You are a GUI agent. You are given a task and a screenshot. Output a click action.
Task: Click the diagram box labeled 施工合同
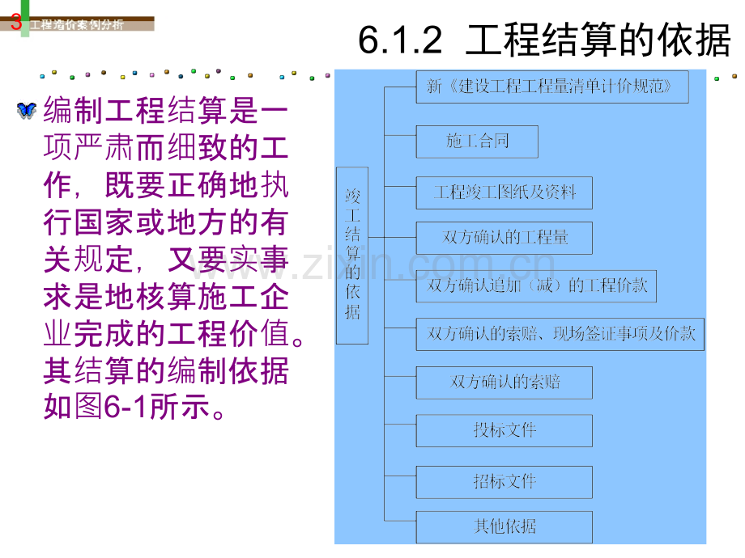coord(477,142)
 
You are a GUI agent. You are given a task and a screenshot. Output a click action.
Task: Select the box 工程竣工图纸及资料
coord(504,192)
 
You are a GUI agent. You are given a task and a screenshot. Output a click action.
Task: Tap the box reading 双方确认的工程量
coord(504,238)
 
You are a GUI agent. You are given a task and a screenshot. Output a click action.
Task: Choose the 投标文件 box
coord(504,431)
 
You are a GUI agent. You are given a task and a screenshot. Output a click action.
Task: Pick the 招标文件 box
coord(504,482)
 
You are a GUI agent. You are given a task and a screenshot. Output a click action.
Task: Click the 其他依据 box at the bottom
coord(504,527)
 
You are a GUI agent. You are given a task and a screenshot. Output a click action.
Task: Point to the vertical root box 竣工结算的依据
coord(352,256)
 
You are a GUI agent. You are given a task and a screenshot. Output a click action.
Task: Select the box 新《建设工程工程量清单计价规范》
coord(552,87)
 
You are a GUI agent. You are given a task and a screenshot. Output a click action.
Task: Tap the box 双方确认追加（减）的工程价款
coord(536,286)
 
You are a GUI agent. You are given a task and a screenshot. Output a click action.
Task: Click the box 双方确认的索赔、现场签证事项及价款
coord(560,335)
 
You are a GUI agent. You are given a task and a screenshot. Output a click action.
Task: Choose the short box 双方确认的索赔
coord(504,383)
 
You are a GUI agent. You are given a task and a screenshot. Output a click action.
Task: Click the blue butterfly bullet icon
coord(26,110)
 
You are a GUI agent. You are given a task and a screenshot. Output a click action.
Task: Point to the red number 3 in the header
coord(16,22)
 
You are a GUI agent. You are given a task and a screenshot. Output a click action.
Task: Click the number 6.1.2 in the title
coord(400,40)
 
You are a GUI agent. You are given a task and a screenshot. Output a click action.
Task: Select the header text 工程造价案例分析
coord(77,25)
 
